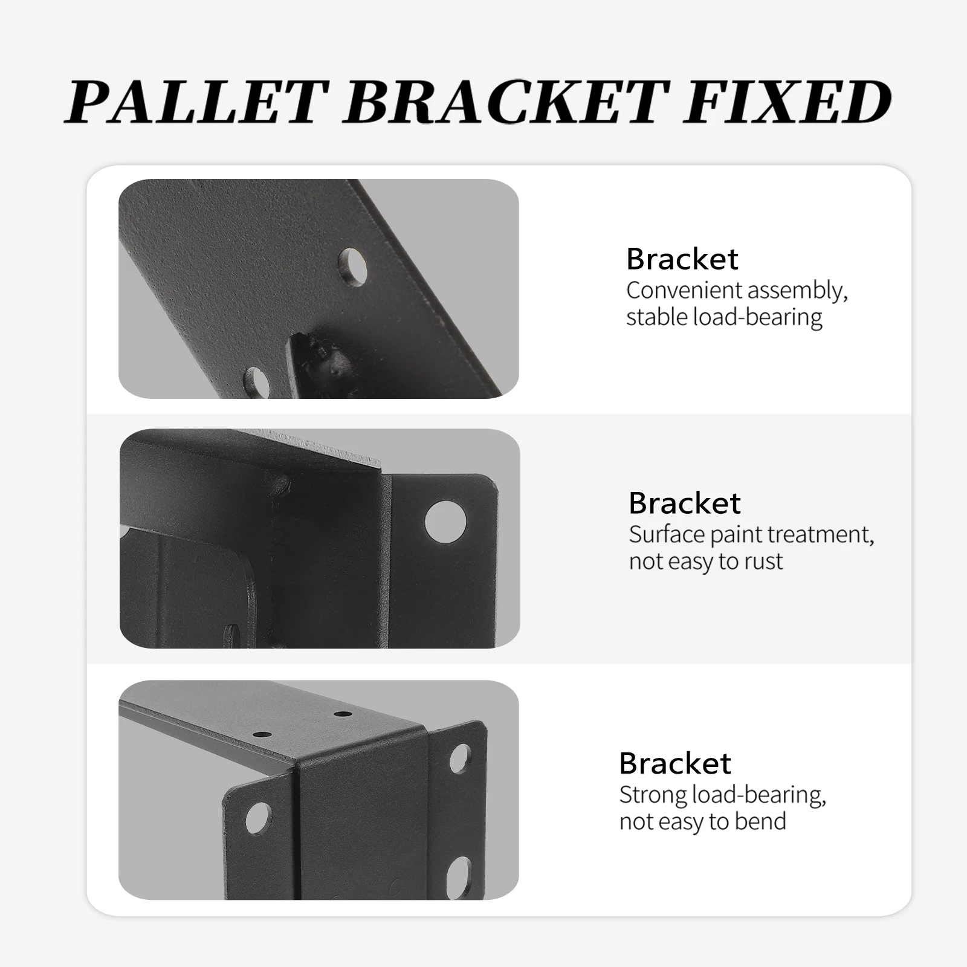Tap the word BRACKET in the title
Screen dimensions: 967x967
click(x=508, y=102)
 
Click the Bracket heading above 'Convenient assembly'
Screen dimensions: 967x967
click(x=682, y=259)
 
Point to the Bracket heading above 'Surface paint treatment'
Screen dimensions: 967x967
click(x=684, y=503)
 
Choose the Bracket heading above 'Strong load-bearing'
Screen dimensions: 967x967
click(x=674, y=763)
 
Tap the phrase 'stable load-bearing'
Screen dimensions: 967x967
click(x=724, y=317)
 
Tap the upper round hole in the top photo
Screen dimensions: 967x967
click(x=354, y=266)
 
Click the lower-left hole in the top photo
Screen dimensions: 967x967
click(x=256, y=382)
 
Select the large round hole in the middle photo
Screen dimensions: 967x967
click(x=445, y=522)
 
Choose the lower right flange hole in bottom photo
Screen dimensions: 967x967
click(x=462, y=872)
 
